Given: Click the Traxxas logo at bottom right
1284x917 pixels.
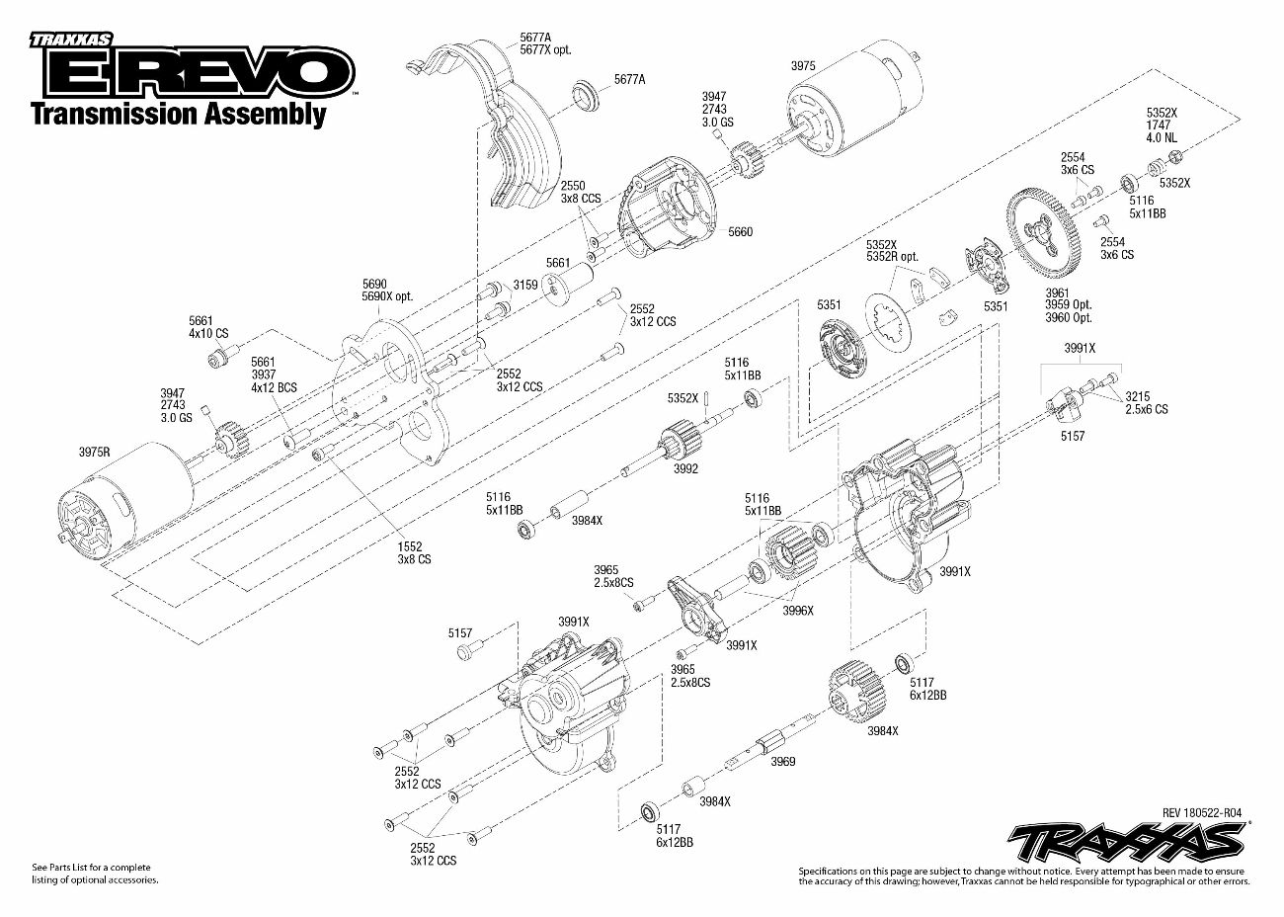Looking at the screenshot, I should point(1125,841).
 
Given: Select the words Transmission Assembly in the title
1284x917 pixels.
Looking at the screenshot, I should point(178,114).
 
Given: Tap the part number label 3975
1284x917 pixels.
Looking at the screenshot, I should point(803,65).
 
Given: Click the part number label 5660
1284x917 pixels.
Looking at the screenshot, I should point(740,232).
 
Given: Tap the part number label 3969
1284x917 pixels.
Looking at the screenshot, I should point(783,762).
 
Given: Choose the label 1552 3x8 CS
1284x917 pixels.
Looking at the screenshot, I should point(409,551).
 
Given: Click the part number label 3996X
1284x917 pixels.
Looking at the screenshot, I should point(798,611).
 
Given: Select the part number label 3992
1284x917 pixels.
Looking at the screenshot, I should point(685,468).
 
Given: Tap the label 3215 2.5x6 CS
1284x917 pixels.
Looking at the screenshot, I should point(1146,402).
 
